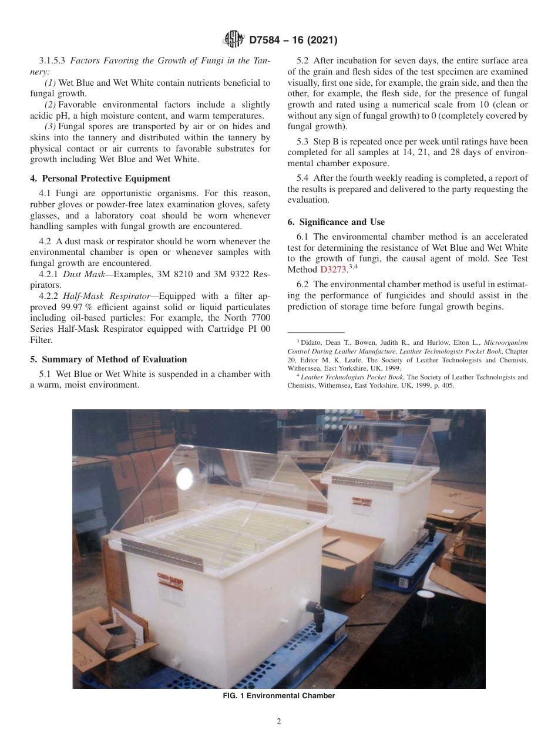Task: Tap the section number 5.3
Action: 304,142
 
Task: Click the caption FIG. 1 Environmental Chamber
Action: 279,696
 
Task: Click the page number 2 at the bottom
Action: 279,722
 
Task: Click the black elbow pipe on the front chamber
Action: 318,614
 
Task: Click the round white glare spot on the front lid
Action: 184,476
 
